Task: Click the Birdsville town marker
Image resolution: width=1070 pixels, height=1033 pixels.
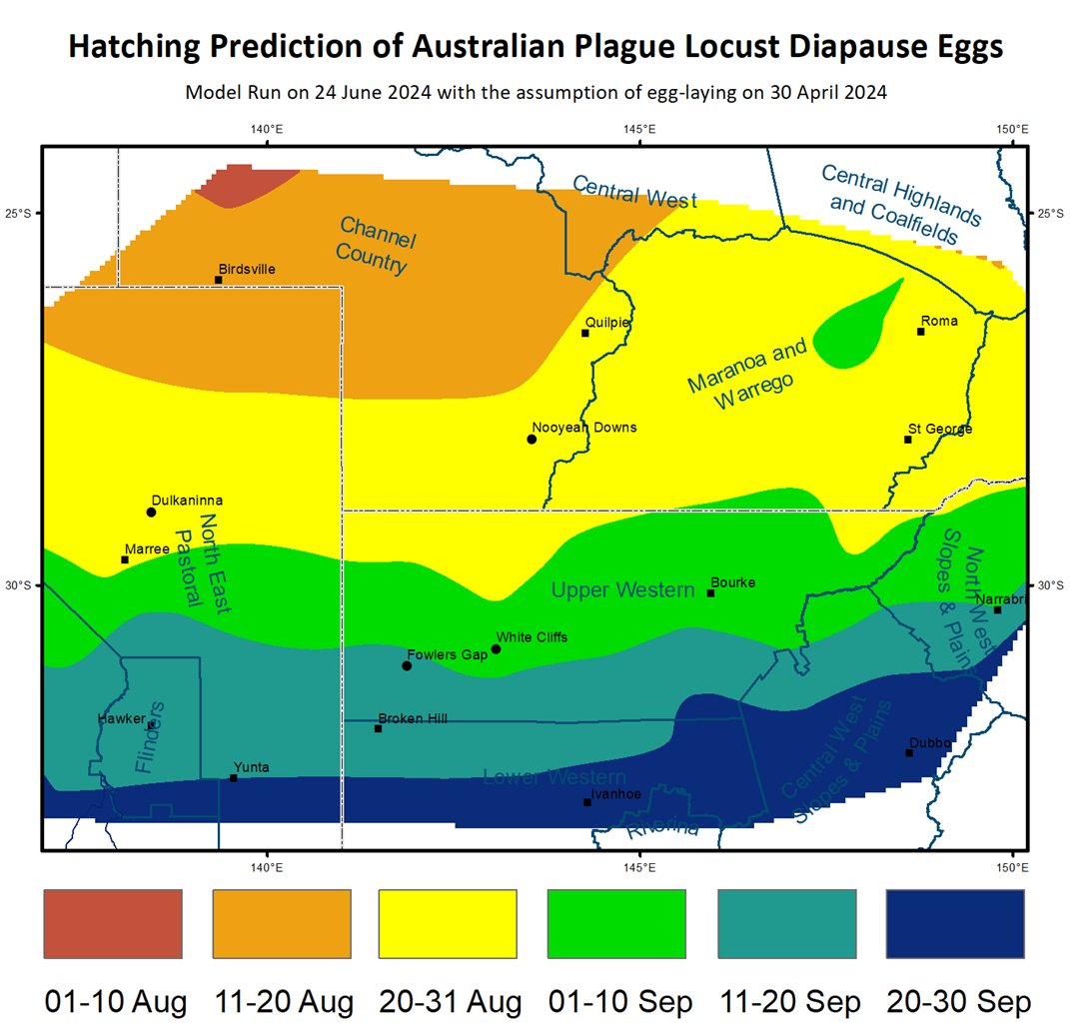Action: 218,280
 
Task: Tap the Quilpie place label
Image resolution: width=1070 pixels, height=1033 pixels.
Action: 607,322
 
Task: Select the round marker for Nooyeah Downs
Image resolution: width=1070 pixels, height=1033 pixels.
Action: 532,439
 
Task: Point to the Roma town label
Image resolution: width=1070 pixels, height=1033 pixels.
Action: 940,321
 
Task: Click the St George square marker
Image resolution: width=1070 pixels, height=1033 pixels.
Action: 908,440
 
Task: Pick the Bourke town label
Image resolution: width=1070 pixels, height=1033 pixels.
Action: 732,582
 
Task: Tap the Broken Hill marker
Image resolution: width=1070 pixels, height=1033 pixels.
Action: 378,728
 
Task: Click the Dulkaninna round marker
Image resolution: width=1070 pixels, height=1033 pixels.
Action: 151,513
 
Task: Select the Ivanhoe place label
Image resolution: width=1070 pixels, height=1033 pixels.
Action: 615,793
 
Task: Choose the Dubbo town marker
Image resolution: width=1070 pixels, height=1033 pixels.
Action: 909,752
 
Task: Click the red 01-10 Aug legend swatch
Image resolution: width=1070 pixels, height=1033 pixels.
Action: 113,924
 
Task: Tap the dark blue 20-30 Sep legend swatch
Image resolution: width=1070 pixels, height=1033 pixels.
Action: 956,924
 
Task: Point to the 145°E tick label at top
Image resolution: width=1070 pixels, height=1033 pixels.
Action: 639,129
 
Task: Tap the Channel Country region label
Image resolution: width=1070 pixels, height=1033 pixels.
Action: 375,245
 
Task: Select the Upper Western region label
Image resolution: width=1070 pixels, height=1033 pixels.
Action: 622,590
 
